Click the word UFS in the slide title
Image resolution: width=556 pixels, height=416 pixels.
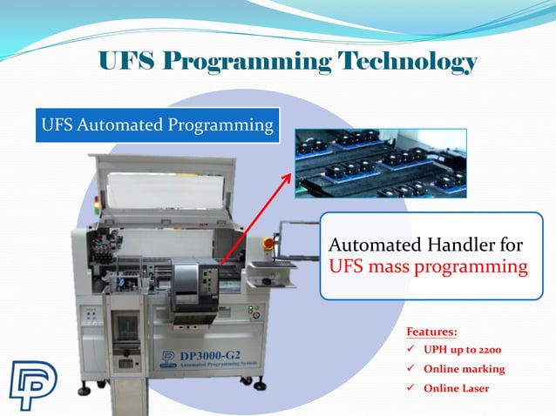[127, 63]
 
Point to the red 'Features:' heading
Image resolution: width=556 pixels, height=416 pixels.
[431, 332]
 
